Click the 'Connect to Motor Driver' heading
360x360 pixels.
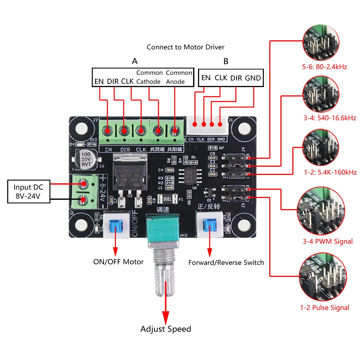coord(185,47)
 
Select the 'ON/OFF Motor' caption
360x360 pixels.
coord(118,262)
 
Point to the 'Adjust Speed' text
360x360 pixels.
coord(166,329)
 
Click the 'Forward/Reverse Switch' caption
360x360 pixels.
coord(226,262)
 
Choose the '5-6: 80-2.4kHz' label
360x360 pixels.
coord(325,67)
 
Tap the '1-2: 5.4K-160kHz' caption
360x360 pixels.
coord(330,172)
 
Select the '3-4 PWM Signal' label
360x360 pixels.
coord(328,241)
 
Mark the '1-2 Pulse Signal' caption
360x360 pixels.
coord(325,308)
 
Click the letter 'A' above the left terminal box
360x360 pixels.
coord(135,61)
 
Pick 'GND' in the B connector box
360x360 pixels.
coord(253,78)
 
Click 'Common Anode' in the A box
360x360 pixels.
coord(179,77)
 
